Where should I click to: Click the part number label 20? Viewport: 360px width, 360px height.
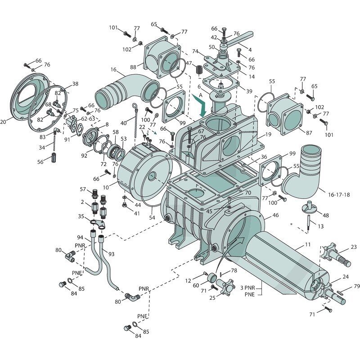point(3,121)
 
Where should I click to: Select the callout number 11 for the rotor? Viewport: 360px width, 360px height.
point(308,244)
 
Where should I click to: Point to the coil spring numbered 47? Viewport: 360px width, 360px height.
point(199,69)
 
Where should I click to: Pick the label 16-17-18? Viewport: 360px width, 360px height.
point(339,195)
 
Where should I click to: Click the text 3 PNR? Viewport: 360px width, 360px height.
point(247,288)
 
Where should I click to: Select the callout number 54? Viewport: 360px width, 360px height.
point(152,217)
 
